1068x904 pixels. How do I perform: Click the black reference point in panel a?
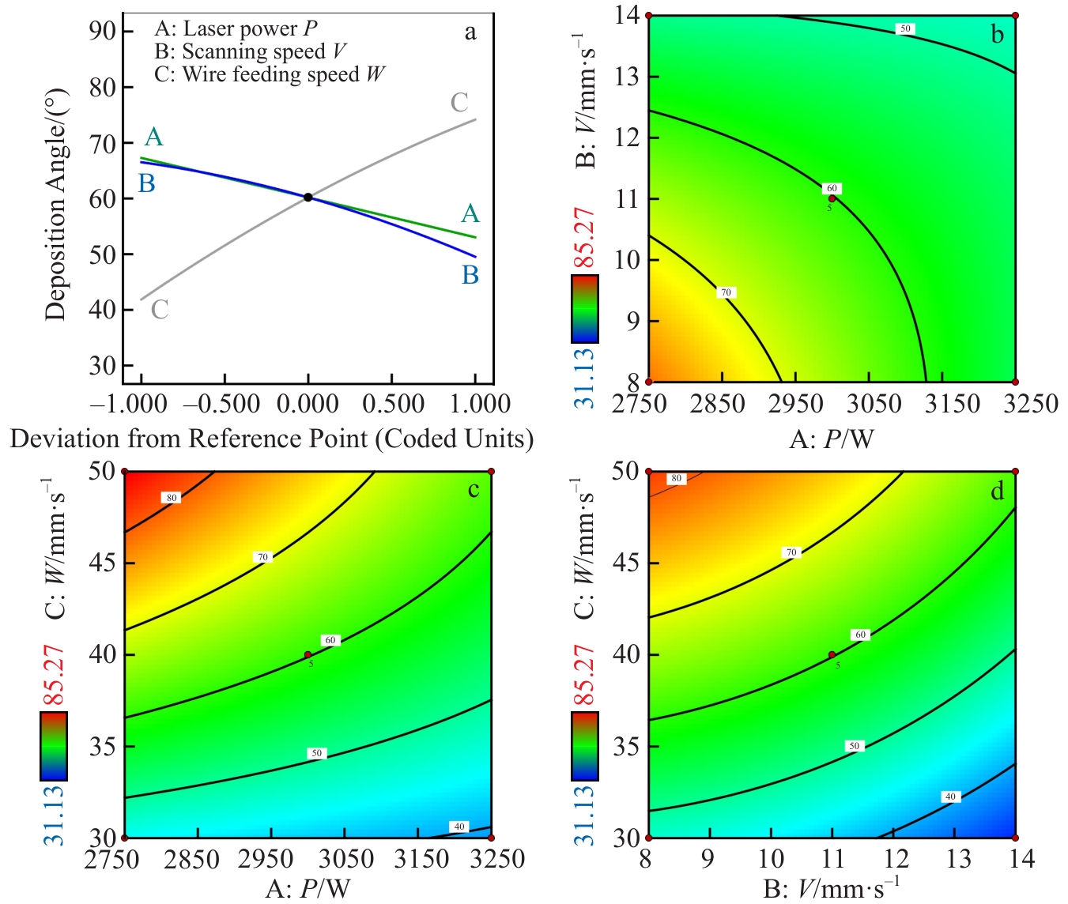(x=308, y=197)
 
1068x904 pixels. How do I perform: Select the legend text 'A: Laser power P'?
(x=236, y=29)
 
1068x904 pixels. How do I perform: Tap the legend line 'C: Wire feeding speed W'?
(x=270, y=75)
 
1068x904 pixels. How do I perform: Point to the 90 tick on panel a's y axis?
(x=103, y=32)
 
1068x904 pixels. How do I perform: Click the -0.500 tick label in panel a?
(x=221, y=405)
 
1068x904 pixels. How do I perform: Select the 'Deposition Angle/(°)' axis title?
(x=55, y=204)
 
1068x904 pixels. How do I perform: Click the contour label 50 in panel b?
(x=905, y=29)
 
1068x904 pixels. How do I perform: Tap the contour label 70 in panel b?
(x=726, y=292)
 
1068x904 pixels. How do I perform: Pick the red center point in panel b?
(x=832, y=198)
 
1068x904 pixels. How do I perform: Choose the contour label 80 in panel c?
(x=172, y=498)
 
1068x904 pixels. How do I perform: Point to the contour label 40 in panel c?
(x=459, y=827)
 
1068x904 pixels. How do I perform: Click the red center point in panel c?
(x=308, y=654)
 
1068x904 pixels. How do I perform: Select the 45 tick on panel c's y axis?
(x=103, y=563)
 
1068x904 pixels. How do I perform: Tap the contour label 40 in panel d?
(x=950, y=797)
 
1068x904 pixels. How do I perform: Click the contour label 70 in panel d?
(x=791, y=552)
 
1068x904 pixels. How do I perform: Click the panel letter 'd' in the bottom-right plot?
(x=998, y=492)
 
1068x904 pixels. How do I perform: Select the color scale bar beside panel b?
(x=585, y=309)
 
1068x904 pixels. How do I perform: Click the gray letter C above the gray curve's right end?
(x=459, y=103)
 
